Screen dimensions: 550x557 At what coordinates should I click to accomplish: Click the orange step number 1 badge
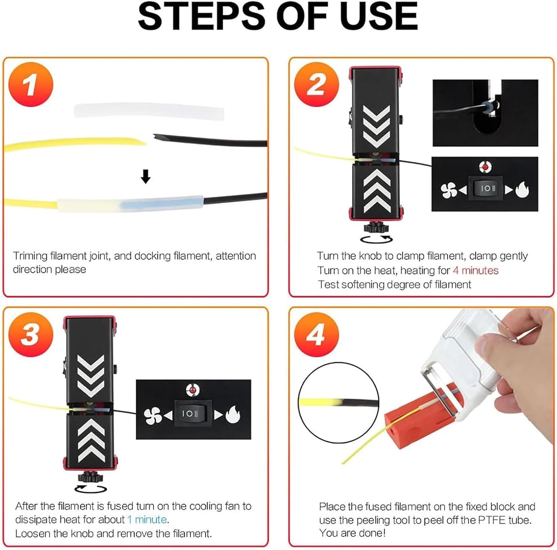pyautogui.click(x=31, y=84)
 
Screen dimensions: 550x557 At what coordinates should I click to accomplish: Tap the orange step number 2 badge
pyautogui.click(x=316, y=84)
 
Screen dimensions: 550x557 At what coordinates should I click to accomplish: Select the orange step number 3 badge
pyautogui.click(x=31, y=334)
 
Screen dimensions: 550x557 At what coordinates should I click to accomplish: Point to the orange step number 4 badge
pyautogui.click(x=316, y=334)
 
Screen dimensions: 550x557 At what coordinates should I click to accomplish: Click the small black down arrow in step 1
pyautogui.click(x=146, y=177)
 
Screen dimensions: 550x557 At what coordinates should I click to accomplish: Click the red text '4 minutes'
pyautogui.click(x=475, y=270)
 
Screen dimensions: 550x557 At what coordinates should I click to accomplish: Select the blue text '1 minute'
pyautogui.click(x=147, y=519)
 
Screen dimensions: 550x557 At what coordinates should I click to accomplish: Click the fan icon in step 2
pyautogui.click(x=449, y=190)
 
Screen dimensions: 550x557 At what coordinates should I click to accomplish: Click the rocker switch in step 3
pyautogui.click(x=190, y=413)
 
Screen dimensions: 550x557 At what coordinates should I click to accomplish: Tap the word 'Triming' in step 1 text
pyautogui.click(x=30, y=256)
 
